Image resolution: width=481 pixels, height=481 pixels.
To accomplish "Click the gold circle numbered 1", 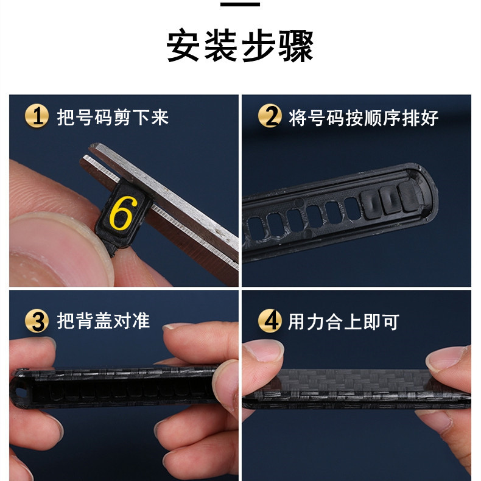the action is click(x=37, y=116).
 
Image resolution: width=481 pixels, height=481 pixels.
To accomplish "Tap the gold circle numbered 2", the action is click(x=270, y=116).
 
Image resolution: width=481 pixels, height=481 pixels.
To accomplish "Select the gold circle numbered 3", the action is click(x=37, y=321).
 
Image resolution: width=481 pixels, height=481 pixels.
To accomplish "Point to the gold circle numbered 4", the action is click(x=270, y=320).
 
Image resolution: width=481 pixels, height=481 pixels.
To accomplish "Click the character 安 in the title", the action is click(x=183, y=46).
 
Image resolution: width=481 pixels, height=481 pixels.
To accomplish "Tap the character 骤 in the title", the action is click(x=296, y=46).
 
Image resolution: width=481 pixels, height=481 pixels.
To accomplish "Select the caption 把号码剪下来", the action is click(x=113, y=117).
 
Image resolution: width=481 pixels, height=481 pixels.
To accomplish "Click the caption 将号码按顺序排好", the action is click(x=363, y=118).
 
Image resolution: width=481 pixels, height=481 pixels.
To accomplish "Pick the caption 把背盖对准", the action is click(x=104, y=321).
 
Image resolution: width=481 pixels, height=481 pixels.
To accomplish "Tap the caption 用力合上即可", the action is click(x=343, y=322).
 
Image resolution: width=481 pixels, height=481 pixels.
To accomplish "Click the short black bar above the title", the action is click(x=240, y=4).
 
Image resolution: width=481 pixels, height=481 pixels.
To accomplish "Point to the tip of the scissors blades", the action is click(x=92, y=147).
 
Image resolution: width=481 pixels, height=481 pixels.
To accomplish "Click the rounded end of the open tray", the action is click(x=428, y=190).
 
